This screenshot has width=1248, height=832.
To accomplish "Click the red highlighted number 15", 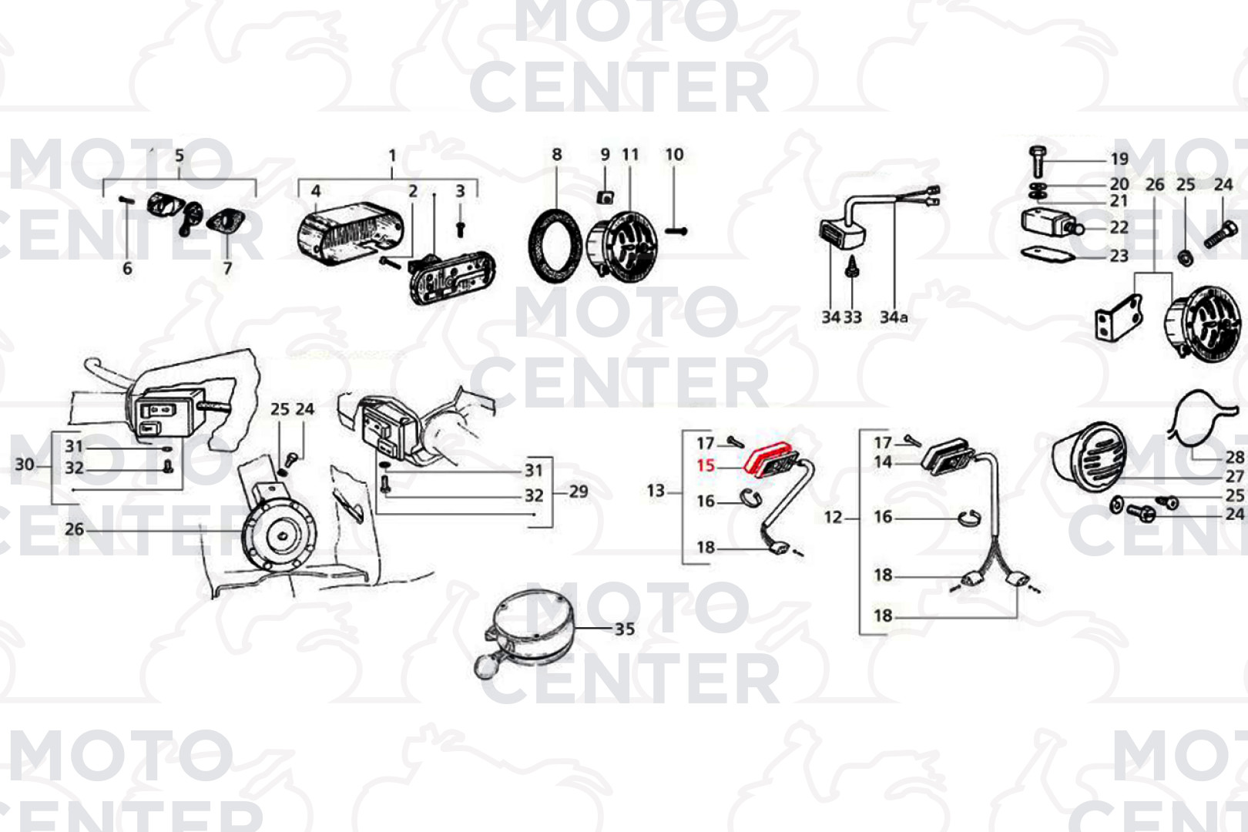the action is [x=706, y=465].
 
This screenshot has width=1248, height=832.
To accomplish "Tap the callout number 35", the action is [x=625, y=629].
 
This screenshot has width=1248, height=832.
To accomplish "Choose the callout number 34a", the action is [x=893, y=317].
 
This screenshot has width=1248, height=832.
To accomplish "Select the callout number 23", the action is [x=1119, y=256].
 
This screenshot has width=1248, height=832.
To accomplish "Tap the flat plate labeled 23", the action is [x=1048, y=255].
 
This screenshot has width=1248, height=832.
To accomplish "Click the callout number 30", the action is [x=24, y=465].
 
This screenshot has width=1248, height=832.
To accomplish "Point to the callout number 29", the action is [x=579, y=491].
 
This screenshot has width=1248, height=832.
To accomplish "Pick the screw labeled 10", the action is [x=676, y=230].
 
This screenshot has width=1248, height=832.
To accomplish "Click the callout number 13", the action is [x=656, y=491].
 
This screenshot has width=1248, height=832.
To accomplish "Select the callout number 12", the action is [x=833, y=517].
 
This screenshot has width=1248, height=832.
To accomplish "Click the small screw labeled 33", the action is [x=851, y=267].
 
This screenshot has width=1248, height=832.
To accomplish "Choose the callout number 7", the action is [x=227, y=268].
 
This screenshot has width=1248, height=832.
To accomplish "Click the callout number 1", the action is [x=393, y=156].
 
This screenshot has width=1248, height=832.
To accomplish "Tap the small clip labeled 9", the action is [x=606, y=196].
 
